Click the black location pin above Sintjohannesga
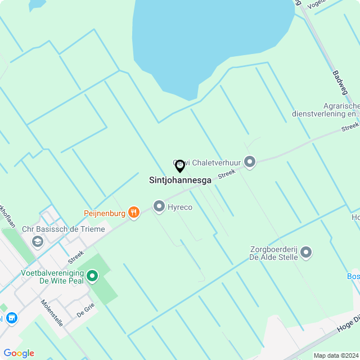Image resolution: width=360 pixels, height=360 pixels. point(180,166)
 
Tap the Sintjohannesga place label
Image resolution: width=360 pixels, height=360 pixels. point(180,181)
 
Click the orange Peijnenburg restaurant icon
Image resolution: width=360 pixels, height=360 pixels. point(133,213)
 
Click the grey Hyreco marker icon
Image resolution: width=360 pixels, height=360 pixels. point(159,207)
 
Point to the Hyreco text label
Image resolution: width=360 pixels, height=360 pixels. point(180,208)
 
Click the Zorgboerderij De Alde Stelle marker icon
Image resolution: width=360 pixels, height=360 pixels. point(306,252)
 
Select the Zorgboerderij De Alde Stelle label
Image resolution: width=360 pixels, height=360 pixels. point(273,253)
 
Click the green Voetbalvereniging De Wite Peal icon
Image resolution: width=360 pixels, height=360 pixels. point(92,276)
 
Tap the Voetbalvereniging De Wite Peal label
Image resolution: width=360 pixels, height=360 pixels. point(52,276)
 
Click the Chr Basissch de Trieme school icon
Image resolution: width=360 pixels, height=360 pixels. point(38,241)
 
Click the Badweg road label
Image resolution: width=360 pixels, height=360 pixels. point(340,82)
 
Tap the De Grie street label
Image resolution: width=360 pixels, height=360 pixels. point(85,310)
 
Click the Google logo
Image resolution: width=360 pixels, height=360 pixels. point(19,353)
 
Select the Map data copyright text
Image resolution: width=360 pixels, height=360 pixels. point(336,355)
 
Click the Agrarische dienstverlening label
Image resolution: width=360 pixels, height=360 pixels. point(325,109)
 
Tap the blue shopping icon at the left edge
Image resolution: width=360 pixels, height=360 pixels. point(11,318)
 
